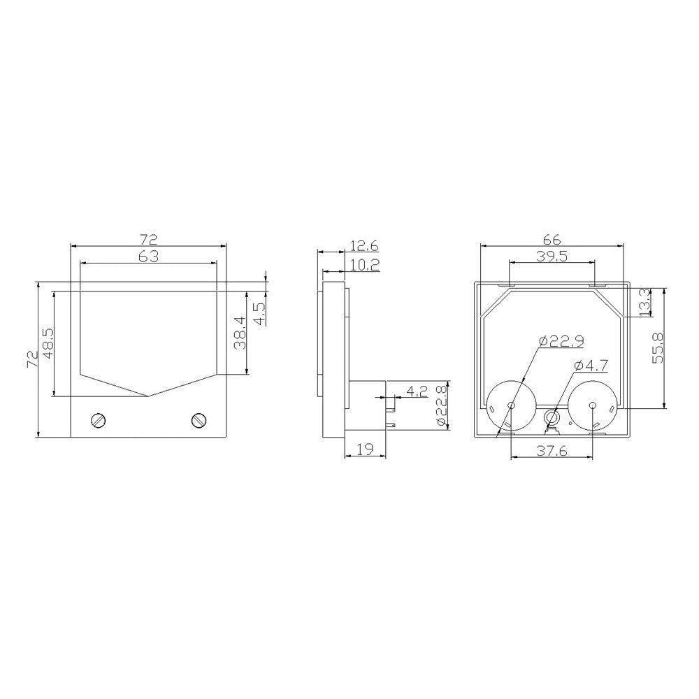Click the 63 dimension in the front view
pyautogui.click(x=148, y=257)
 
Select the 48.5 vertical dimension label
pyautogui.click(x=48, y=344)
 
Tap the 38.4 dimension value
pyautogui.click(x=240, y=333)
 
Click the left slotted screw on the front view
pyautogui.click(x=98, y=420)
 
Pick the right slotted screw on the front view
pyautogui.click(x=199, y=420)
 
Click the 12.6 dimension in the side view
pyautogui.click(x=364, y=245)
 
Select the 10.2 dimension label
pyautogui.click(x=365, y=266)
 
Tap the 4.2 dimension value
pyautogui.click(x=417, y=391)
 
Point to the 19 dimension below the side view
pyautogui.click(x=366, y=449)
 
